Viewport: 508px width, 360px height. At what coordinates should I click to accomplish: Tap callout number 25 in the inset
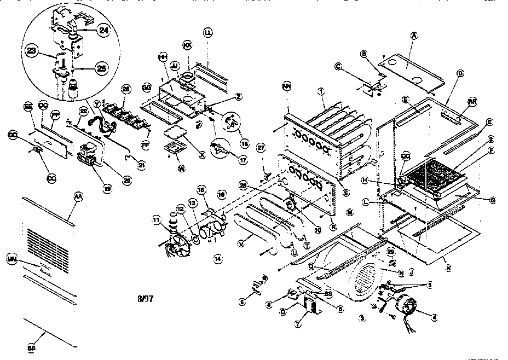point(101,68)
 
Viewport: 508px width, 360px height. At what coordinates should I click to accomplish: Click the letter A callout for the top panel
point(414,36)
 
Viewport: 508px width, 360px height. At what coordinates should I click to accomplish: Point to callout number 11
point(156,220)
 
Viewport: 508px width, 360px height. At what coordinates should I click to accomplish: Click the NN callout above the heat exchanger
point(286,86)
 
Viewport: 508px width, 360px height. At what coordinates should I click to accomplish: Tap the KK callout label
point(187,44)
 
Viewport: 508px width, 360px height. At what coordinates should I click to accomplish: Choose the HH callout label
point(163,57)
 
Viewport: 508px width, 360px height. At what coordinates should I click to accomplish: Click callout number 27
point(261,148)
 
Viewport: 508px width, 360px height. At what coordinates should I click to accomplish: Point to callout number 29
point(390,251)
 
